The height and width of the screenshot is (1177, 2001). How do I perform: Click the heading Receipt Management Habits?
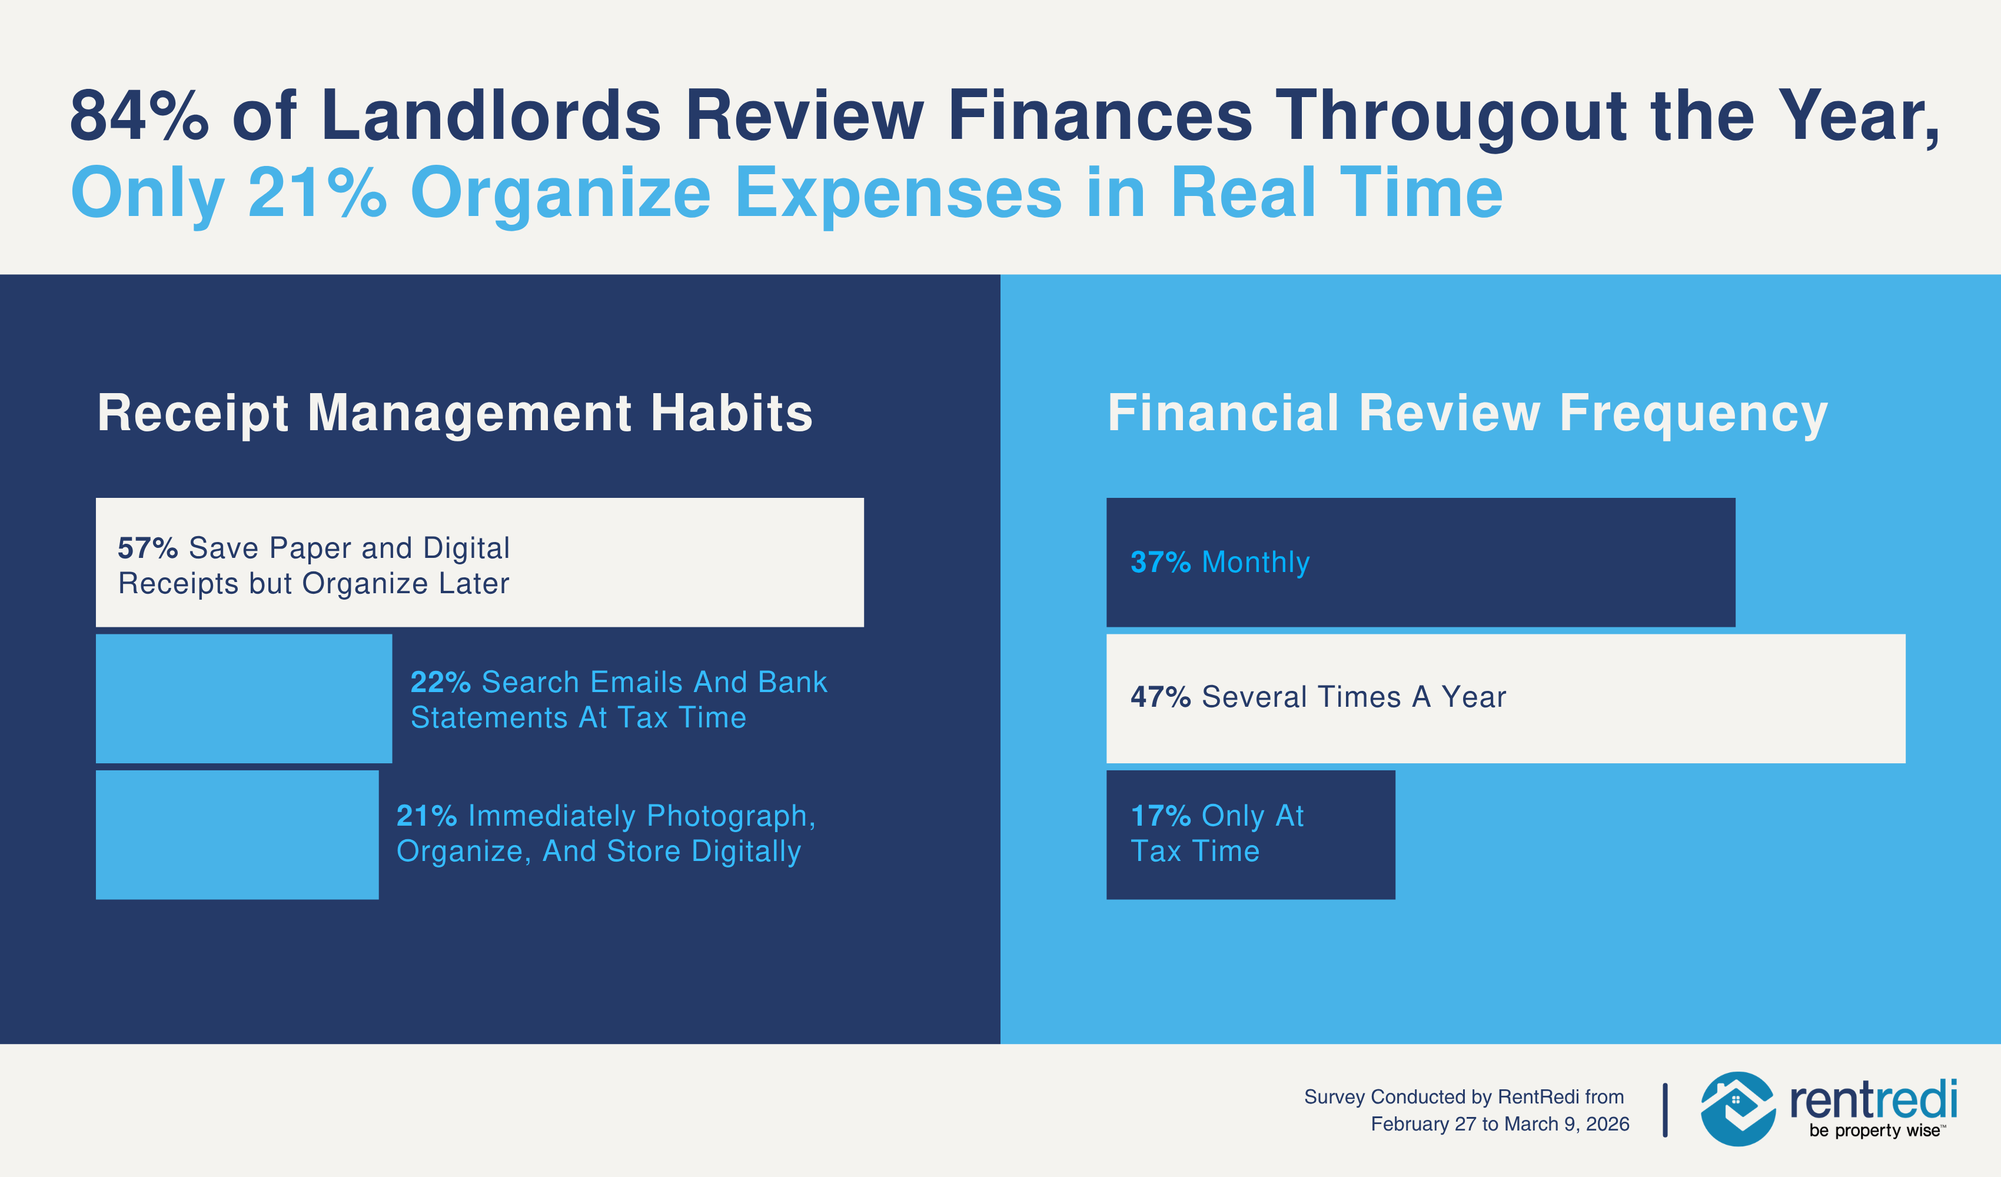(455, 413)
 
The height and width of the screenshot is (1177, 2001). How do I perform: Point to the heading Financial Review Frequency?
(1467, 413)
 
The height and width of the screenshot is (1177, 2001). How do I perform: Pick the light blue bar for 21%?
(237, 834)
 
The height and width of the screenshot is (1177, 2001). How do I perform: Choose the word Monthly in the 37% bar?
(1255, 562)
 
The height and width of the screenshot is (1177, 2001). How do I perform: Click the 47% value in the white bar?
(1160, 697)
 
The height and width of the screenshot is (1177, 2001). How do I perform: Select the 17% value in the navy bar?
(1160, 816)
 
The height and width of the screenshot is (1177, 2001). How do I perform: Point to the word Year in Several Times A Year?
(1473, 697)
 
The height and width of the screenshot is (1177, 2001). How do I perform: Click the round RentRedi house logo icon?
(1737, 1109)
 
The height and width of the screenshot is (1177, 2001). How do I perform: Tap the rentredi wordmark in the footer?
(1872, 1099)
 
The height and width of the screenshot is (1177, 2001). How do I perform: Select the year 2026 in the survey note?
(1607, 1125)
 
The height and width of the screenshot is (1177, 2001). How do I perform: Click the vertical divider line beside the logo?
(1665, 1110)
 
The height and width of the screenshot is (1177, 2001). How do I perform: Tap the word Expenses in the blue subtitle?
(898, 194)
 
